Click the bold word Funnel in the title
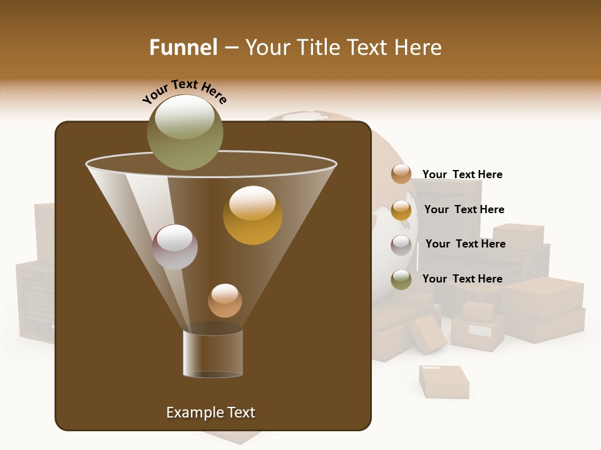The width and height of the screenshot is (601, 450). (x=183, y=47)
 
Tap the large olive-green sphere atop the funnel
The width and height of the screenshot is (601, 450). (x=185, y=132)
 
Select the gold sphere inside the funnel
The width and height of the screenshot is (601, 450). (x=252, y=215)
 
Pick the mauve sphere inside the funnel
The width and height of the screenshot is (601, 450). (x=175, y=247)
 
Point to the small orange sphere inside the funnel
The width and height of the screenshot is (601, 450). (x=225, y=301)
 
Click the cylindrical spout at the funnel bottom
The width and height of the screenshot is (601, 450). (x=213, y=354)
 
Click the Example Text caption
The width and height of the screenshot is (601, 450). (x=210, y=412)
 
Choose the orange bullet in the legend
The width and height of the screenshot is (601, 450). (x=401, y=174)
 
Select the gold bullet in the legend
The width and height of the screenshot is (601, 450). (x=401, y=210)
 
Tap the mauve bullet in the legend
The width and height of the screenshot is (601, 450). (x=401, y=245)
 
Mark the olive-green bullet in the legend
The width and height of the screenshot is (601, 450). (x=401, y=279)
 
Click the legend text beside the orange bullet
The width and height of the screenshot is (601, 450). (x=462, y=174)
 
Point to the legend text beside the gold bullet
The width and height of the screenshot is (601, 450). (x=464, y=209)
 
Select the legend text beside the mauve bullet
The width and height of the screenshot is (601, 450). (x=465, y=244)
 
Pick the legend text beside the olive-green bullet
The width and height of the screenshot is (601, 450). (x=462, y=279)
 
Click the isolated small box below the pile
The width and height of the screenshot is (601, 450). (x=444, y=381)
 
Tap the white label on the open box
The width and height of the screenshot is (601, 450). (x=480, y=331)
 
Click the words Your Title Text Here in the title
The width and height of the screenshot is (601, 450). (x=343, y=47)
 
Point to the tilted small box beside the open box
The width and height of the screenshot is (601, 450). (x=428, y=334)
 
